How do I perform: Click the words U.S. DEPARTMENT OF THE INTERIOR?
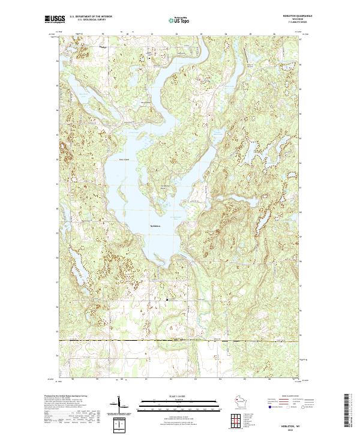tap(91, 17)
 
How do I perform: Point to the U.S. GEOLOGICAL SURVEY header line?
tap(86, 20)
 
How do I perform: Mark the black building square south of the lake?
tap(167, 298)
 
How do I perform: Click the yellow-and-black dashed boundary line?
tap(180, 341)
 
